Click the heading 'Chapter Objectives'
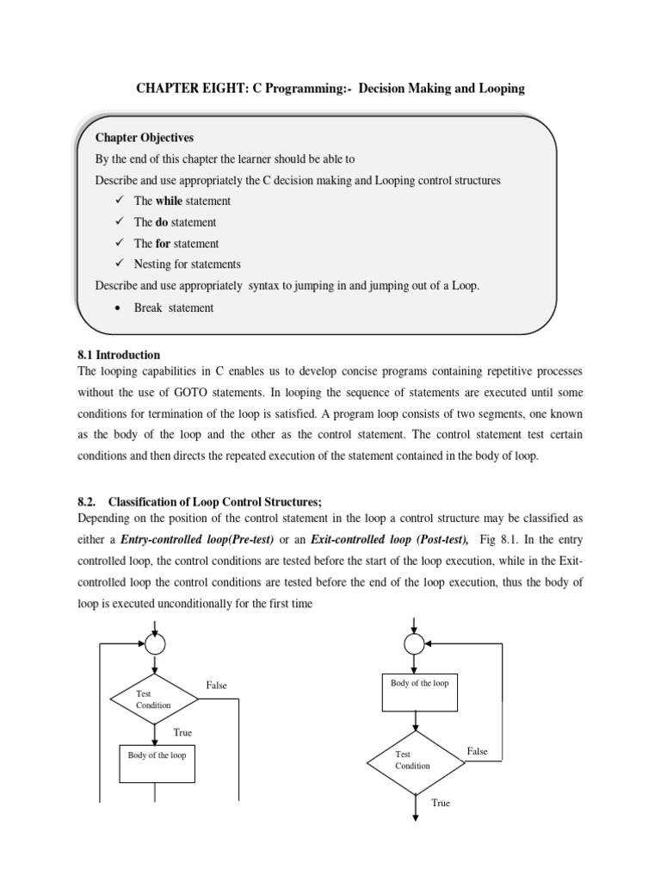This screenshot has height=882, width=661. pos(145,138)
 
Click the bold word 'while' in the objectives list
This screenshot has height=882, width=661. pos(169,201)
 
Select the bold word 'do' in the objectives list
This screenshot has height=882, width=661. pos(163,222)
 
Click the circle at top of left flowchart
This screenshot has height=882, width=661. pos(156,643)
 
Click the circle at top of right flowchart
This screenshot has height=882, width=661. pos(415,643)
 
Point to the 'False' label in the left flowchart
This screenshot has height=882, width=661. pos(216,686)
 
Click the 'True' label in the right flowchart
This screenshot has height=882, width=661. pos(441,803)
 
